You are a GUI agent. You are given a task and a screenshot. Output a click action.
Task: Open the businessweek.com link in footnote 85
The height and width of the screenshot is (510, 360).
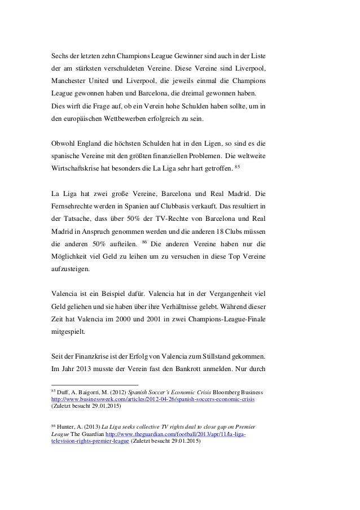[x=153, y=398]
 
